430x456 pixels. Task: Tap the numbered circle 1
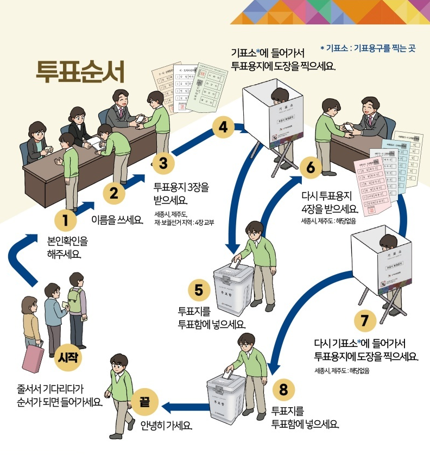click(x=65, y=220)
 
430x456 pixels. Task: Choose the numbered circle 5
click(x=199, y=290)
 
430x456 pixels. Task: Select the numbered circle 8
click(x=283, y=389)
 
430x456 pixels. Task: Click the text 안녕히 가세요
click(x=166, y=425)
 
